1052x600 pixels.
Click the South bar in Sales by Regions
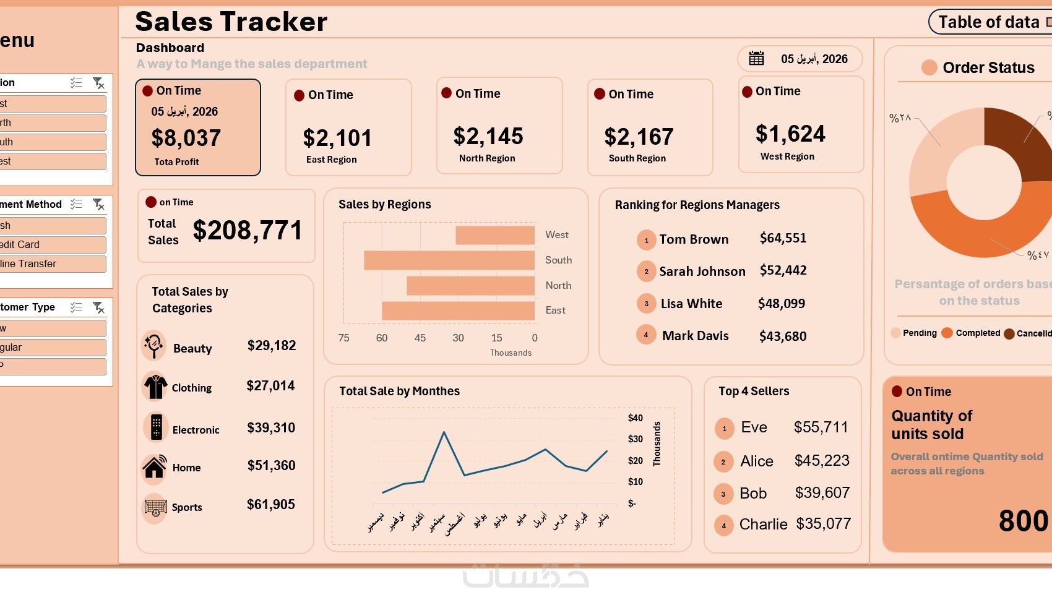449,260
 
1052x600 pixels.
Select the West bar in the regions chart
495,235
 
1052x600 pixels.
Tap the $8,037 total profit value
186,138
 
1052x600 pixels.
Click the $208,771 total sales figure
248,231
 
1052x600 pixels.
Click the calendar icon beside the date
756,58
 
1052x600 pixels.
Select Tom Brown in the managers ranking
694,239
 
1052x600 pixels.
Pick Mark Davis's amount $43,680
783,336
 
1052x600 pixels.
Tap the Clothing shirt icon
155,387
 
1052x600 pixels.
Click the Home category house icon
155,467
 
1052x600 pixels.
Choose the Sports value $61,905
271,505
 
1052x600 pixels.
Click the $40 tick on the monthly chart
636,418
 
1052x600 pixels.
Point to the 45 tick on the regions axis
420,338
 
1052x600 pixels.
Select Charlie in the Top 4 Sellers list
763,525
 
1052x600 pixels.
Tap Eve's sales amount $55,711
821,427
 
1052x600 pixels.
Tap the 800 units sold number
1023,521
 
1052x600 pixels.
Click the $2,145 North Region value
488,136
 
